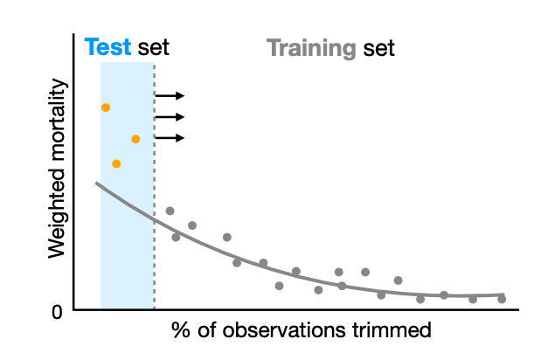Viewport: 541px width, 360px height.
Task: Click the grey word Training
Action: (310, 48)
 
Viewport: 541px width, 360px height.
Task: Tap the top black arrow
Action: (170, 96)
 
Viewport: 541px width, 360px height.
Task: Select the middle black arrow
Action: (170, 117)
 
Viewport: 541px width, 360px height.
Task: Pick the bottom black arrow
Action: (170, 138)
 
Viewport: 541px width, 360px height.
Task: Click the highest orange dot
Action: (106, 107)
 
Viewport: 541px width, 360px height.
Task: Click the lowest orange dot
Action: (116, 163)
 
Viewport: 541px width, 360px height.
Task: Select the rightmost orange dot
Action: (135, 139)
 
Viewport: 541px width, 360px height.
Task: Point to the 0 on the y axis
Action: (57, 310)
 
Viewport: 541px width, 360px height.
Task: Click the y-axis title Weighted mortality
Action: (58, 168)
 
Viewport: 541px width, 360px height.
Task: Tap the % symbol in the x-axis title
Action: (180, 331)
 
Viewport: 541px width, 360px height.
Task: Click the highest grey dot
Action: (170, 211)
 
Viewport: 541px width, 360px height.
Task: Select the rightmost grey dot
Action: (502, 299)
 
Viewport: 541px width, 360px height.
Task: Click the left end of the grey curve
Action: (96, 183)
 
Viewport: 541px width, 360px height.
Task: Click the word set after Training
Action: (378, 48)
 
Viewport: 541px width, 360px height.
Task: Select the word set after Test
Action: (153, 48)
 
